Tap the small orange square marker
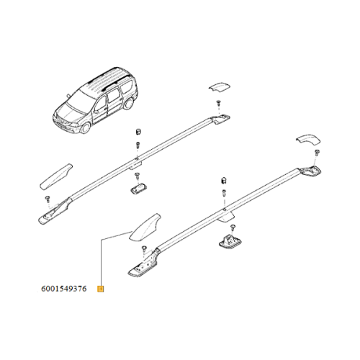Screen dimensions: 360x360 [x=101, y=289]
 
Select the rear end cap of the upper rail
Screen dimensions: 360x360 [x=217, y=88]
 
